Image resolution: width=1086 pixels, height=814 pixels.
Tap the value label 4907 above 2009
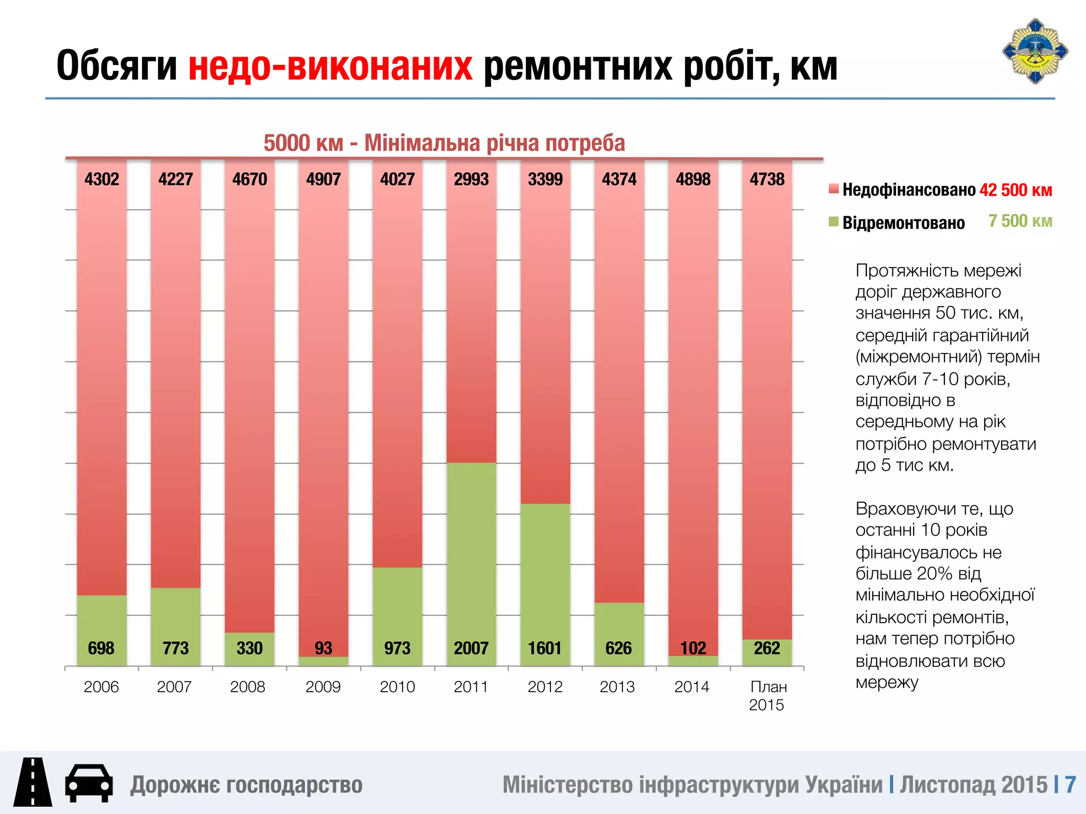323,179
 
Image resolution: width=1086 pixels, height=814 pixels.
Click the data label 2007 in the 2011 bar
471,648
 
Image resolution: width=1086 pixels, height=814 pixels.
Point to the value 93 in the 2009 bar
323,648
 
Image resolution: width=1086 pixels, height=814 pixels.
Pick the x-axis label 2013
617,687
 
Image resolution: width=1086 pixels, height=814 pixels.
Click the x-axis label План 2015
767,696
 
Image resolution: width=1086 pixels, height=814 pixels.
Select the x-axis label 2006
101,687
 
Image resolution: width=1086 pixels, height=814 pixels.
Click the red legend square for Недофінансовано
834,189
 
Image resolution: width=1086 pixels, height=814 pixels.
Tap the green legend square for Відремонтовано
834,222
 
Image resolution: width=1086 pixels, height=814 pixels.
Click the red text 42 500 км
1015,190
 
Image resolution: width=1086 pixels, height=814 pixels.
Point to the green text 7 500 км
1020,221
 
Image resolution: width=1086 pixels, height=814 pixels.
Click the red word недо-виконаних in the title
330,66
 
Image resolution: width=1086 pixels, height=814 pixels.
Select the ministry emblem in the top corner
1035,51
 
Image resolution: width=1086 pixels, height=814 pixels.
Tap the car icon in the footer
89,783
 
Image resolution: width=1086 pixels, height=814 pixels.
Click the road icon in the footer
33,782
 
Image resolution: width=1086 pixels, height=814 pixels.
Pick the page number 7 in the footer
1070,785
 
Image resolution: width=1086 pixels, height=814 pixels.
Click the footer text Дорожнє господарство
247,785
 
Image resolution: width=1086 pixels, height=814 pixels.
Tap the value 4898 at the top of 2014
693,179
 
